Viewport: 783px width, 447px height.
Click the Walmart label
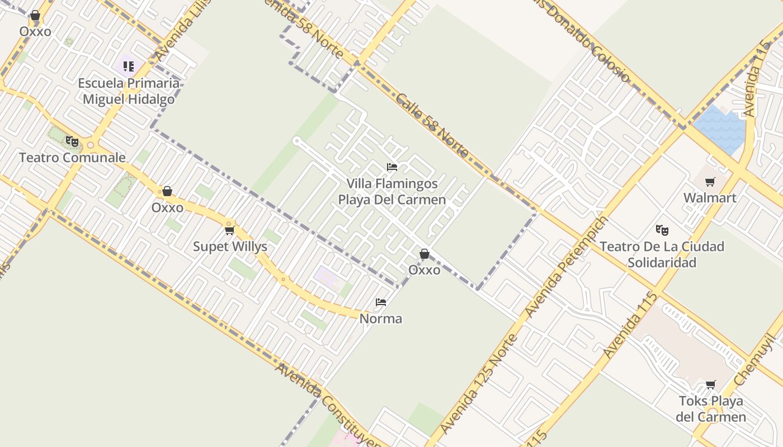(710, 198)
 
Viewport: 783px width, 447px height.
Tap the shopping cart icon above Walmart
(710, 182)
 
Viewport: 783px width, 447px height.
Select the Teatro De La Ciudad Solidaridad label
(662, 254)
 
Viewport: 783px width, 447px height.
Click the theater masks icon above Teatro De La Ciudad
(662, 230)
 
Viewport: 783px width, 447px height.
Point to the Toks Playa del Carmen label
(710, 409)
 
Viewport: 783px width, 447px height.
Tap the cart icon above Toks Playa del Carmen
(710, 384)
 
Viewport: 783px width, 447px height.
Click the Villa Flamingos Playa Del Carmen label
(391, 192)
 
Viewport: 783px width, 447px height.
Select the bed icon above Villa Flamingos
(391, 167)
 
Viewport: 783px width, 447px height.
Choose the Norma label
(380, 318)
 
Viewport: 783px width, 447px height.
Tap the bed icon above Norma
(381, 302)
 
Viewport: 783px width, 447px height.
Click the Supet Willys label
(230, 246)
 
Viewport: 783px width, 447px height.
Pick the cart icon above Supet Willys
(229, 230)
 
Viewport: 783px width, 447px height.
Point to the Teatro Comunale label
(72, 158)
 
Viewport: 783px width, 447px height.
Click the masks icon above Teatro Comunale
(72, 141)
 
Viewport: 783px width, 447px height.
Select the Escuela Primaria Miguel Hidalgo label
(129, 91)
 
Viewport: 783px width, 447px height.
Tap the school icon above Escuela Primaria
(129, 67)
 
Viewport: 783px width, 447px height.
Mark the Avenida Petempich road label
(566, 267)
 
